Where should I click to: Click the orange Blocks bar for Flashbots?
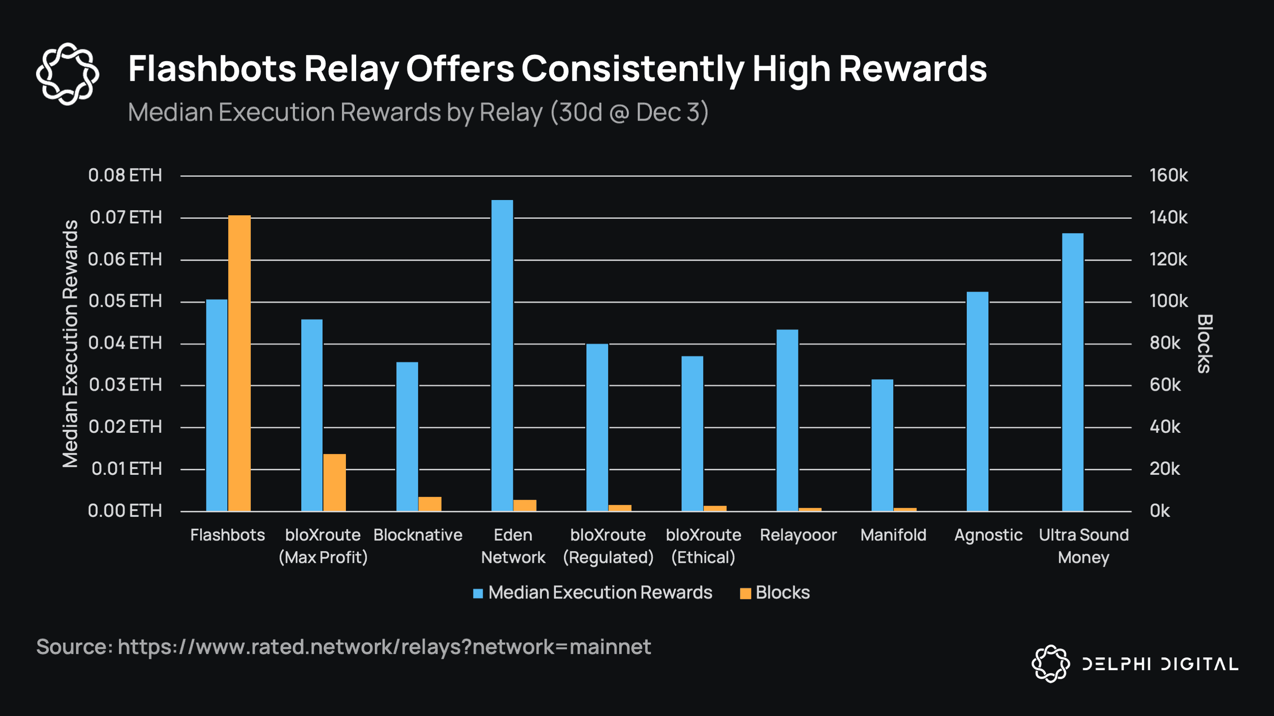click(x=239, y=363)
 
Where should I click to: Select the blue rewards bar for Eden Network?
click(x=502, y=356)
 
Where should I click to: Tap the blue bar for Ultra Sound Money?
click(x=1073, y=372)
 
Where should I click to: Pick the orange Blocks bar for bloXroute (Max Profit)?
click(x=334, y=482)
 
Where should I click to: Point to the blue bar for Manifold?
click(x=882, y=445)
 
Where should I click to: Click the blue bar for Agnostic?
click(x=977, y=401)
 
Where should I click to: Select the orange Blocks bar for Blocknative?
click(x=430, y=504)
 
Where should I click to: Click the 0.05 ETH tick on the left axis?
click(x=125, y=301)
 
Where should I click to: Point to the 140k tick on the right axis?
click(x=1168, y=217)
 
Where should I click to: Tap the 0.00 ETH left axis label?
click(x=125, y=510)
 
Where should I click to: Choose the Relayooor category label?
click(x=798, y=535)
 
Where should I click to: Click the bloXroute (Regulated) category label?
click(x=608, y=546)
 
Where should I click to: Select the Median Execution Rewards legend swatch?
click(x=478, y=593)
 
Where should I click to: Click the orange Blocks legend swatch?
click(x=745, y=593)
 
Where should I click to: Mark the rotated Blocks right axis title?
click(x=1205, y=344)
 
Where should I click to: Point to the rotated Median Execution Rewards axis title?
click(x=70, y=344)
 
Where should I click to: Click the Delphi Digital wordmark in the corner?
click(x=1160, y=664)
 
